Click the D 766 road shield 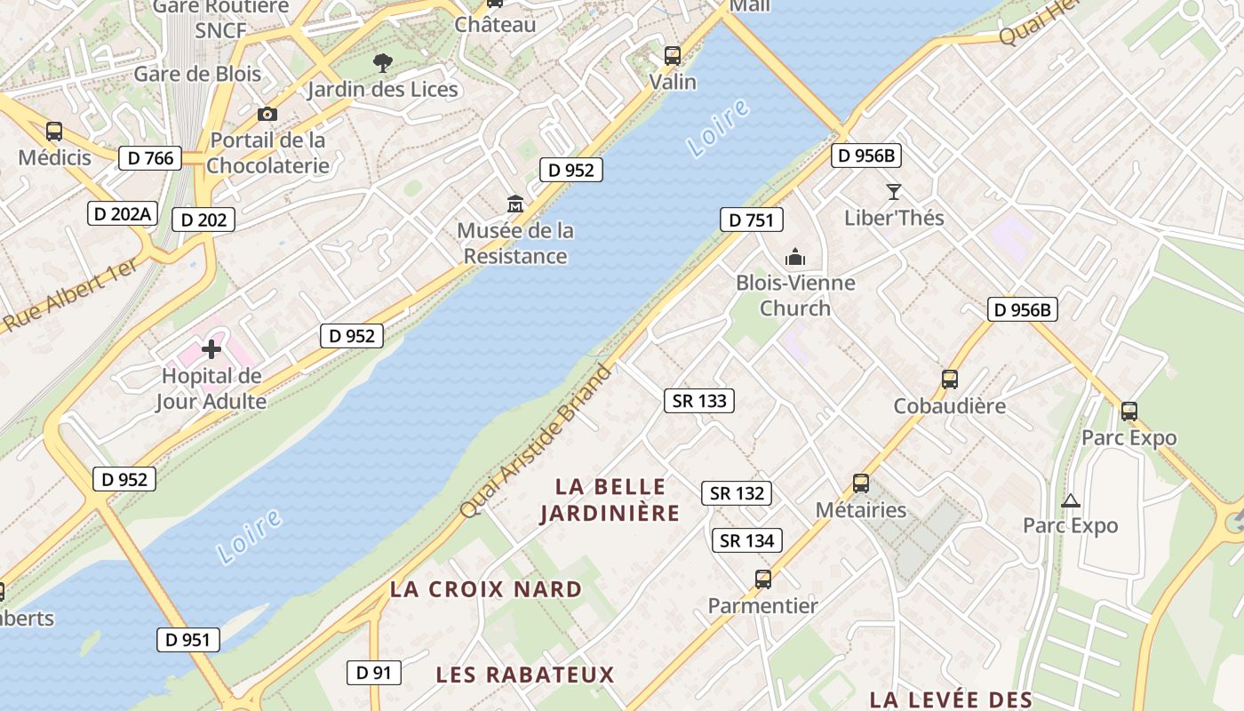[150, 158]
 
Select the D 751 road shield [751, 220]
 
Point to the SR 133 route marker [699, 401]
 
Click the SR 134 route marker [746, 540]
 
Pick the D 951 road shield [188, 639]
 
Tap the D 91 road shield [373, 673]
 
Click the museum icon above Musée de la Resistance [514, 204]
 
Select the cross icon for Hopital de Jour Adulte [211, 348]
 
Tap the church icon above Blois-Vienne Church [794, 258]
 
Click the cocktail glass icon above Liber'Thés [893, 192]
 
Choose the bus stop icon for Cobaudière [949, 379]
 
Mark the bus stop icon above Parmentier [762, 579]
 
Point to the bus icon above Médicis [54, 132]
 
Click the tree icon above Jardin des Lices [383, 62]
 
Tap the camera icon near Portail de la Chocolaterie [267, 114]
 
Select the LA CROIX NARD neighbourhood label [486, 589]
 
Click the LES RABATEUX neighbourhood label [525, 675]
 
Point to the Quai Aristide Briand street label [537, 442]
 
